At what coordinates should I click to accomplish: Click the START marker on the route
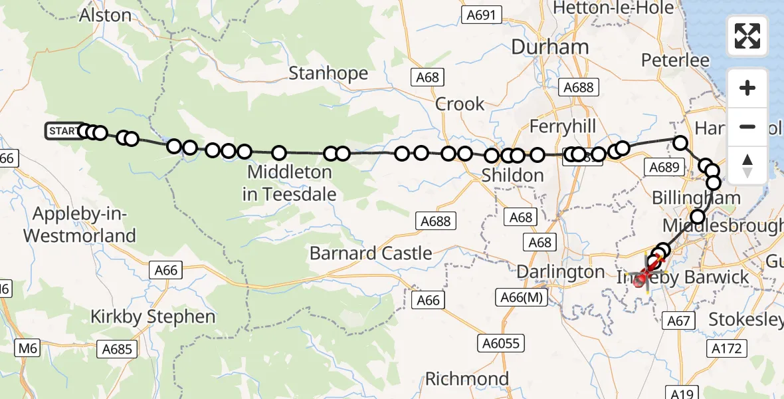click(x=62, y=131)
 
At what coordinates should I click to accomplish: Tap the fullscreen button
click(x=747, y=36)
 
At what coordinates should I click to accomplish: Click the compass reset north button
click(x=747, y=166)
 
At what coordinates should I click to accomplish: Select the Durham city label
click(x=549, y=47)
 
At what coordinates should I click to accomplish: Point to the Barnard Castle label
click(x=371, y=253)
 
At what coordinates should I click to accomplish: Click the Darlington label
click(x=560, y=272)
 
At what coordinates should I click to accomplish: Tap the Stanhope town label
click(x=328, y=72)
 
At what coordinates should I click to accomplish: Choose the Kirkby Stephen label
click(x=153, y=317)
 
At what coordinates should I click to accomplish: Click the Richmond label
click(x=467, y=379)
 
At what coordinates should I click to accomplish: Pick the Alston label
click(x=105, y=15)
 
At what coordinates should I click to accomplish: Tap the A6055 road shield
click(x=502, y=343)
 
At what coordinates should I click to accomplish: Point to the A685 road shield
click(x=117, y=348)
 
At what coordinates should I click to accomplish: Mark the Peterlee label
click(x=675, y=61)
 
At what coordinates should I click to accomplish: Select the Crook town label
click(x=460, y=104)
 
